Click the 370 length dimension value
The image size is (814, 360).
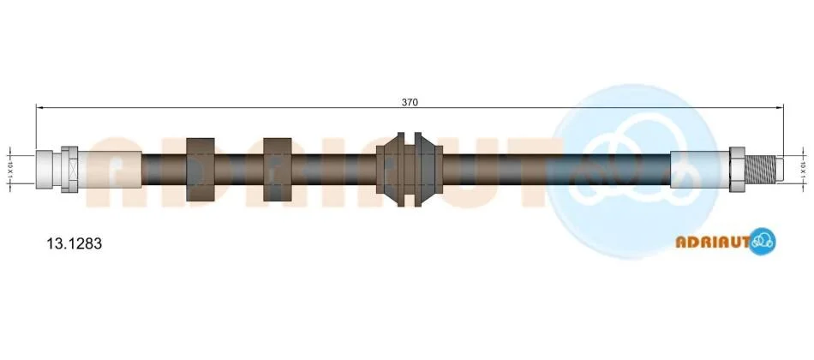tap(409, 102)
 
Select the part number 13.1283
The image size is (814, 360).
tap(75, 243)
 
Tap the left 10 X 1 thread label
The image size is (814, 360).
tap(9, 169)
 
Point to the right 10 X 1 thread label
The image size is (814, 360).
tap(803, 169)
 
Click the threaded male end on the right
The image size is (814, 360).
tap(761, 169)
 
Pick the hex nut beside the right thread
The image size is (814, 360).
tap(738, 169)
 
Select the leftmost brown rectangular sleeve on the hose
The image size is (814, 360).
tap(201, 170)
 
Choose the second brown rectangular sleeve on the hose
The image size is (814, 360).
tap(278, 170)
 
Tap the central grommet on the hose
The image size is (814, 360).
tap(410, 170)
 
